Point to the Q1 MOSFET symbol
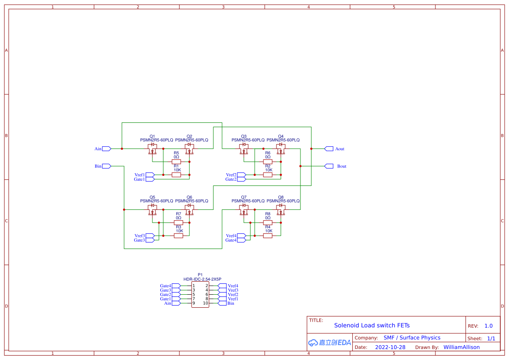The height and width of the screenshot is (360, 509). point(152,149)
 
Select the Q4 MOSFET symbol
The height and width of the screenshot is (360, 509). point(281,149)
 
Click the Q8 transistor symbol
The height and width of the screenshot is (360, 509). point(281,210)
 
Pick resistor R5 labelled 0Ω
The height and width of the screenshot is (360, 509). point(176,161)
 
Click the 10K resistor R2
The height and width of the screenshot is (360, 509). point(268,175)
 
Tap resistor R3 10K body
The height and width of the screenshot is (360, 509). point(179,236)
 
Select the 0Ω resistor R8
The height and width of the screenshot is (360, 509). point(268,222)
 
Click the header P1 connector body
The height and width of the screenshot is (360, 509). point(200,295)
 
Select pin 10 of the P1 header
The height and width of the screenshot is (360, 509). point(206,303)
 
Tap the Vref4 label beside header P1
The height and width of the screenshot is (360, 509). point(233,286)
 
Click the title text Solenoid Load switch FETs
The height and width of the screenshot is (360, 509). point(371,326)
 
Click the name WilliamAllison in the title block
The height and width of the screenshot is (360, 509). point(461,347)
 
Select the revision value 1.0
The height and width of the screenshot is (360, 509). point(488,326)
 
